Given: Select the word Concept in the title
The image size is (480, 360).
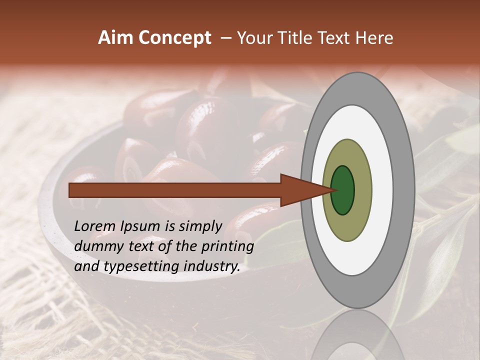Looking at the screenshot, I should coord(174,38).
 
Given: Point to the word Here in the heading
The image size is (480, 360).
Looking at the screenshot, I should coord(375,38).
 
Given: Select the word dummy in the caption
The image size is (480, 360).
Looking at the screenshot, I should coord(96,246).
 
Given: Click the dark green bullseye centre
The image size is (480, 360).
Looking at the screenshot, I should coord(343,190).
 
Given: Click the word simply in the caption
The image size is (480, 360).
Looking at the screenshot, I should coord(200,226).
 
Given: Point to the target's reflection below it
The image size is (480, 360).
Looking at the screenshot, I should coord(358,335).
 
